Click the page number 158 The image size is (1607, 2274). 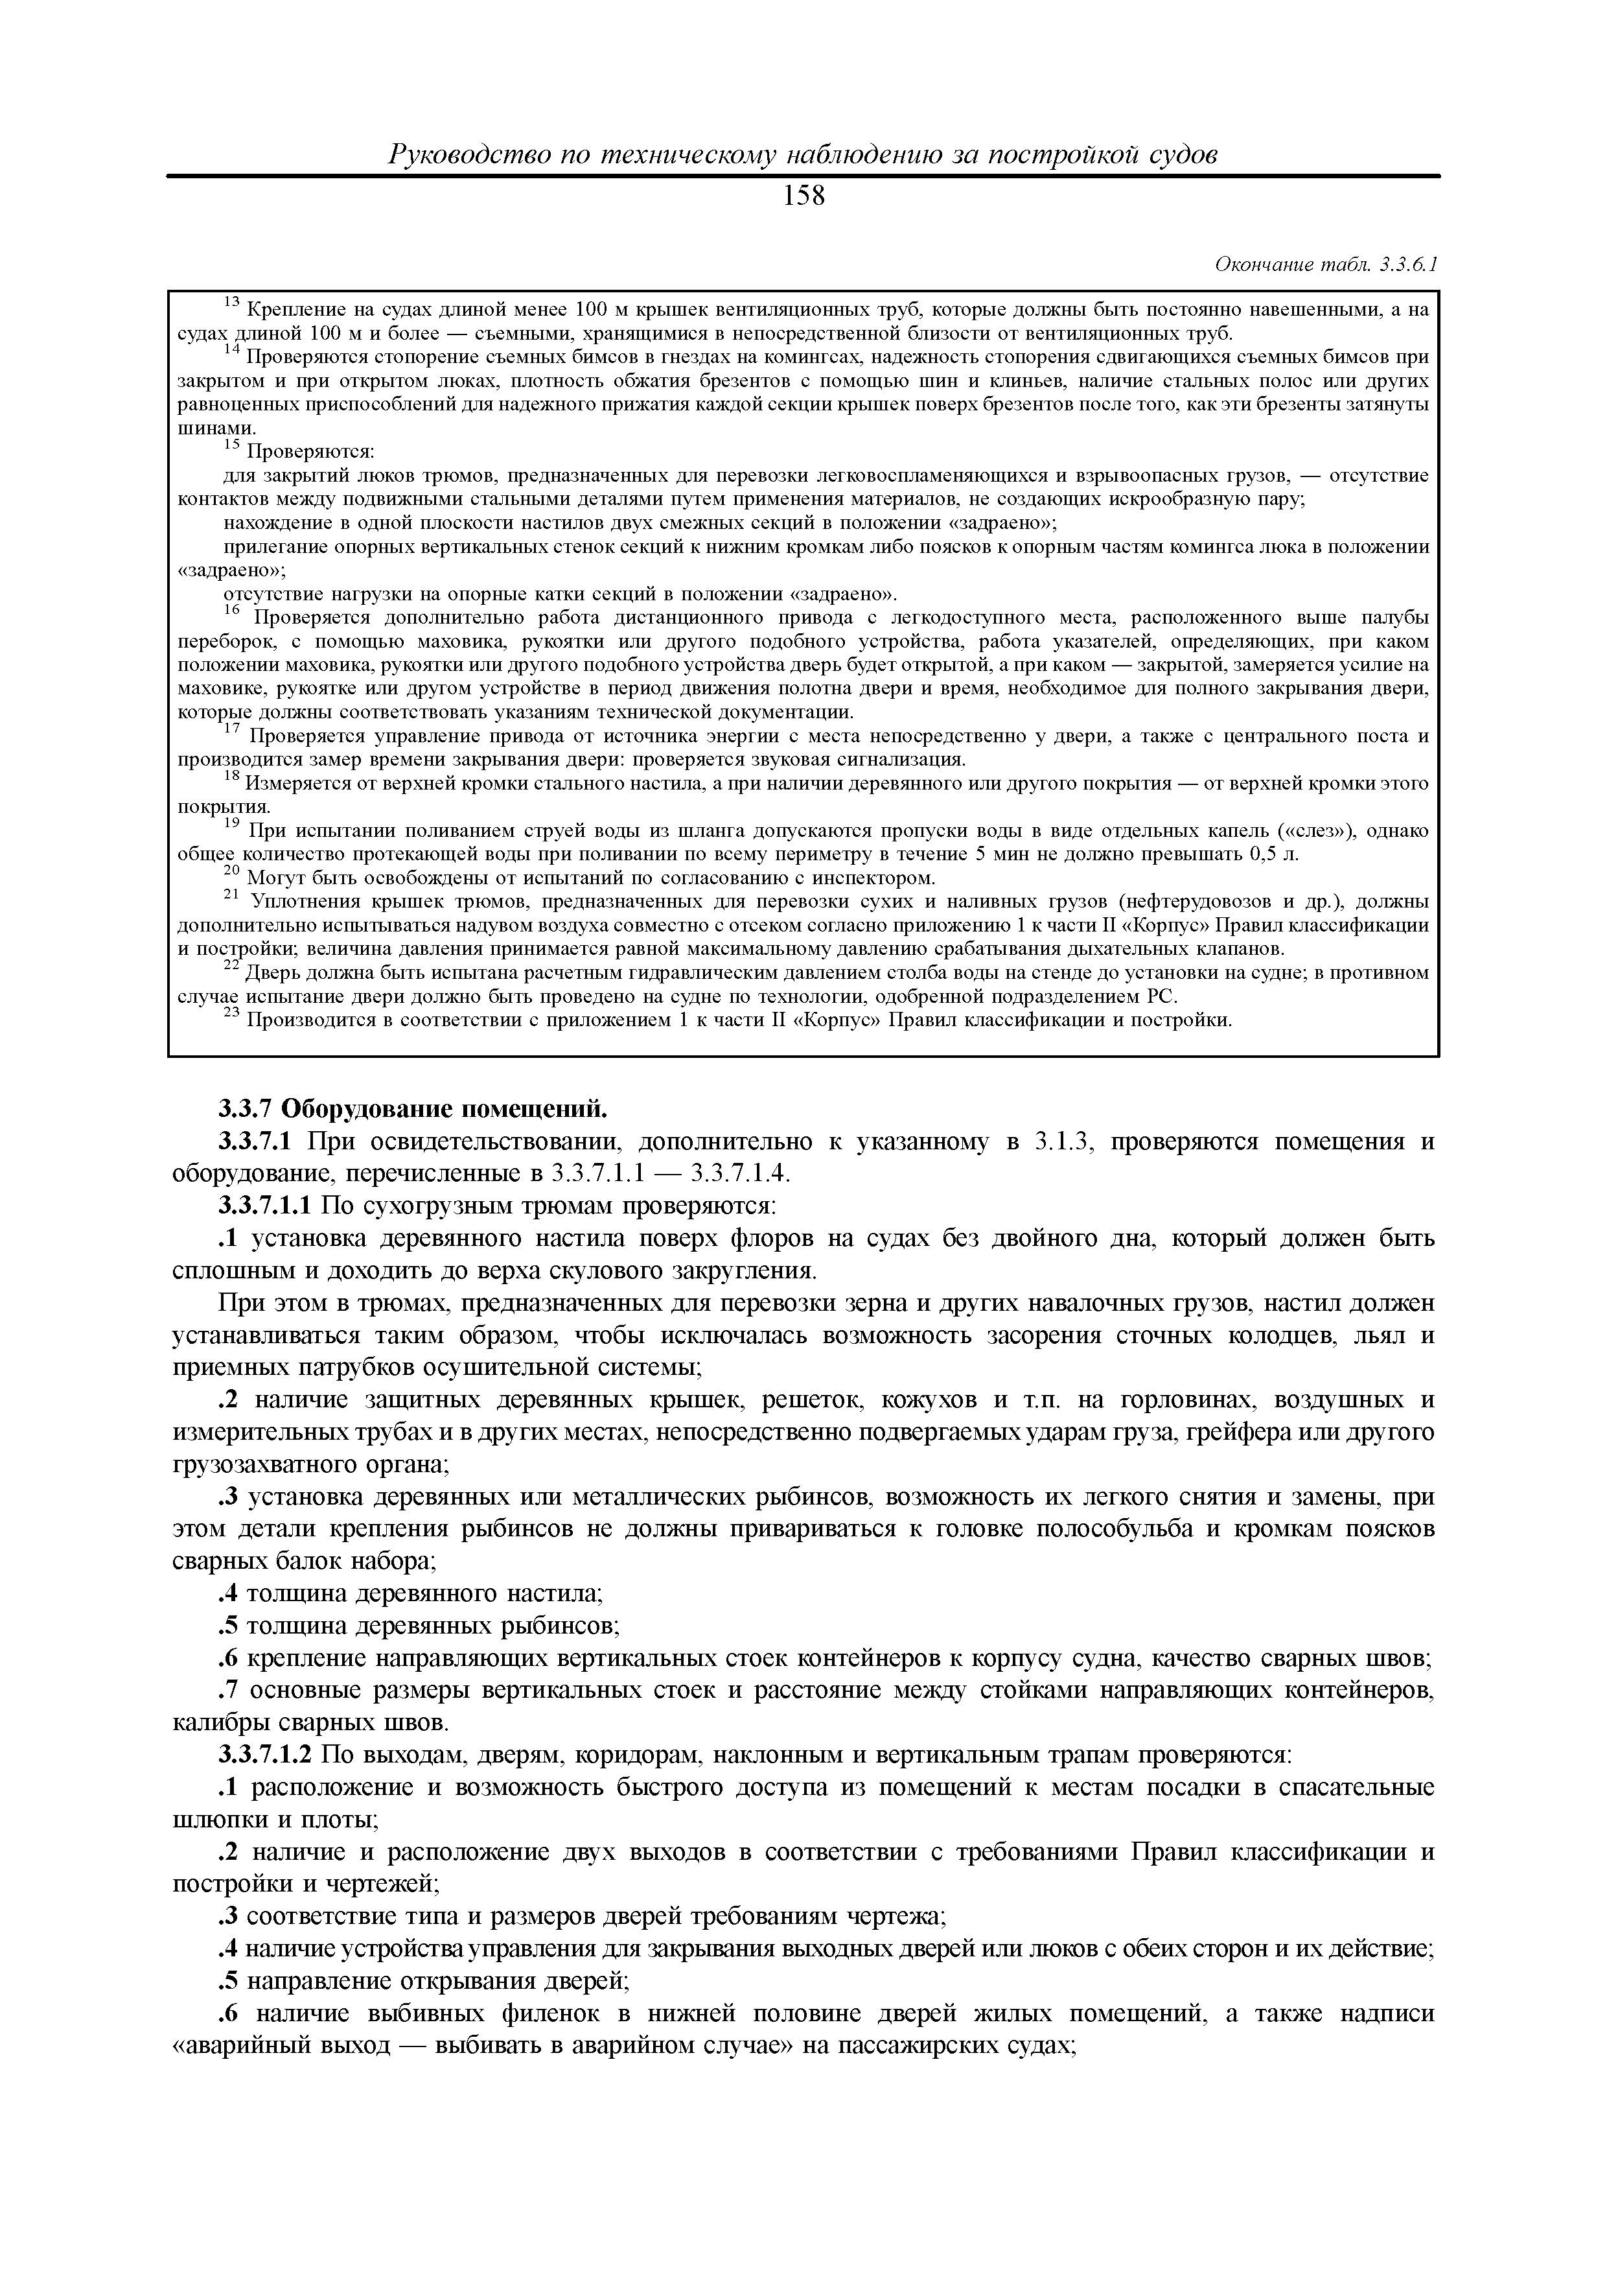803,197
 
